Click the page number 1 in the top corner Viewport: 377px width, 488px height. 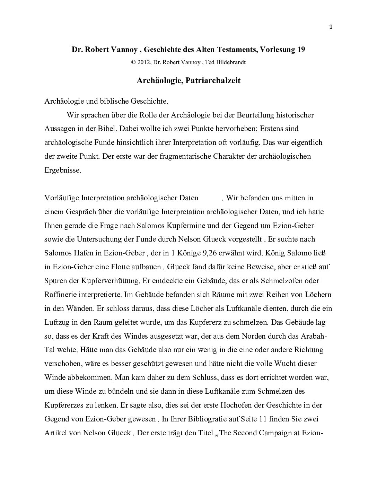pyautogui.click(x=331, y=27)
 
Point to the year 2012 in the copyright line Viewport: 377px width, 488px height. pyautogui.click(x=144, y=62)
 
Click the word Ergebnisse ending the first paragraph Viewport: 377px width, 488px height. pyautogui.click(x=62, y=170)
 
